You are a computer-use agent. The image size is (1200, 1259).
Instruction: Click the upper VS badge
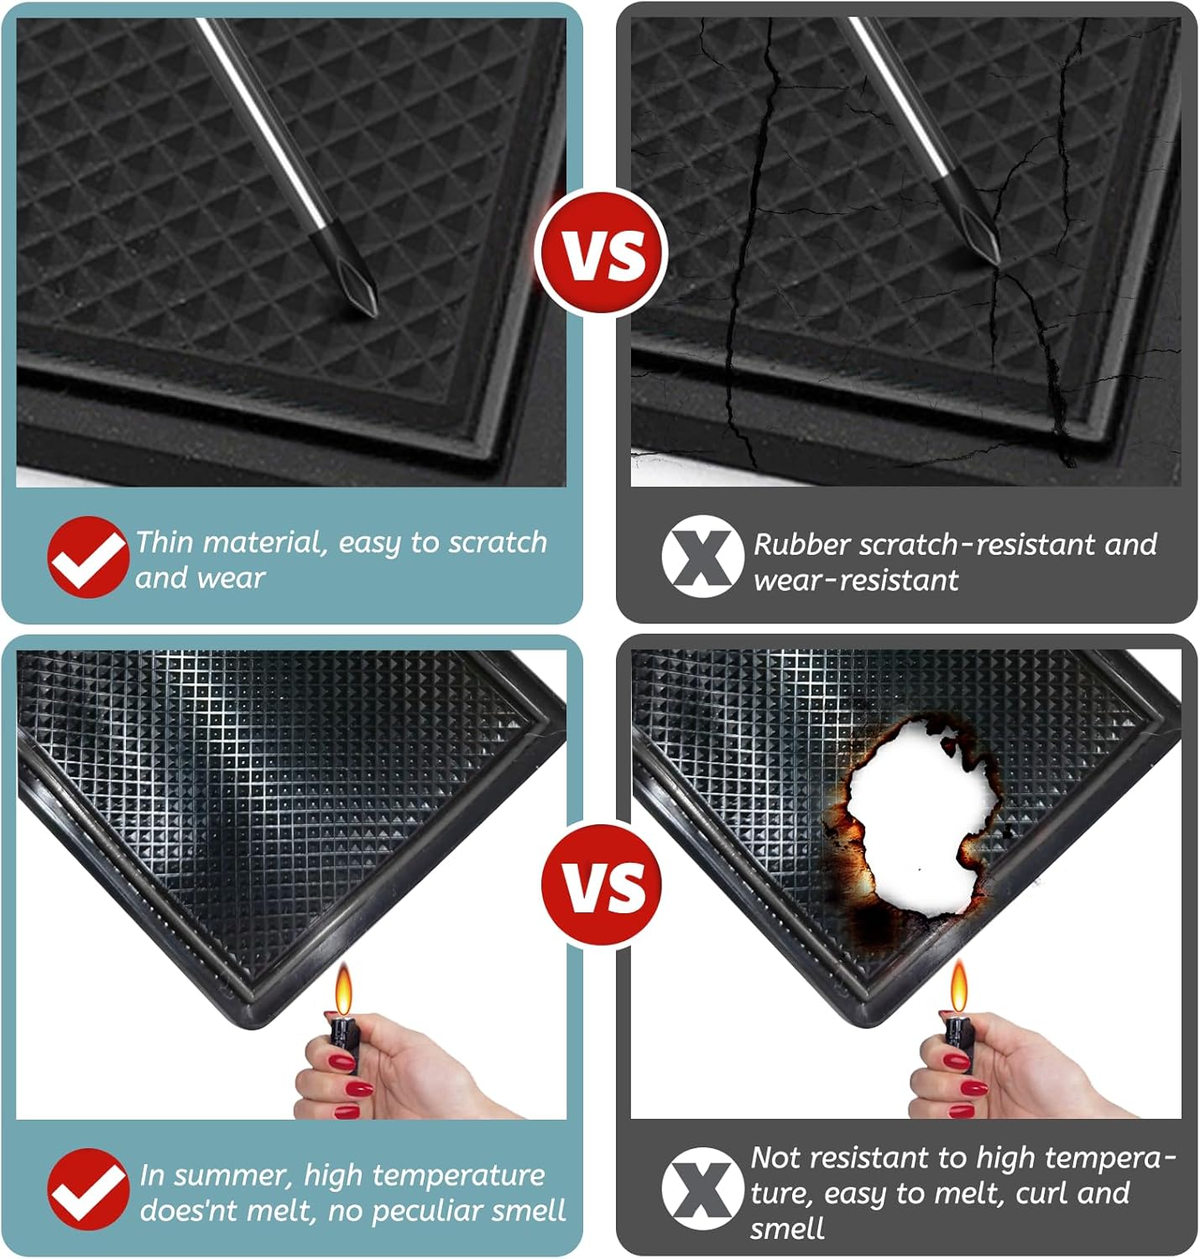pos(602,253)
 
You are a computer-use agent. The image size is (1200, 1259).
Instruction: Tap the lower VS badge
pos(602,885)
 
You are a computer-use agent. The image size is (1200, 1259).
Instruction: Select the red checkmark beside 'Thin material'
pos(88,557)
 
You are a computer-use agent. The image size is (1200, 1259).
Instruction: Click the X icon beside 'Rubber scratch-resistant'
pos(702,557)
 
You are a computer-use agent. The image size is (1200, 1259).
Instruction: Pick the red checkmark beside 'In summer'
pos(88,1189)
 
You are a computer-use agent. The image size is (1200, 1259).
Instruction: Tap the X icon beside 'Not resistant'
pos(702,1189)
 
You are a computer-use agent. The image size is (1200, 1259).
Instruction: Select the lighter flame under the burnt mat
pos(958,987)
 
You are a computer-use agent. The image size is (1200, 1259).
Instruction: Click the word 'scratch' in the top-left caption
pos(498,542)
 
